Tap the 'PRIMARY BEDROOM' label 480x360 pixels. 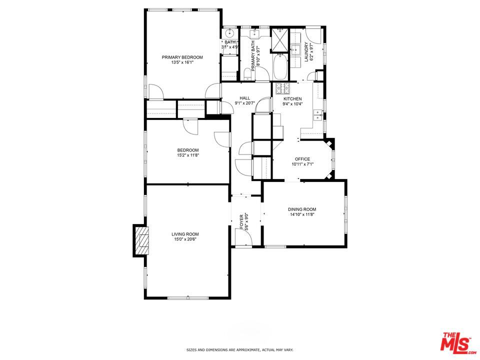pos(182,57)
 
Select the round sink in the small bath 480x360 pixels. pos(229,34)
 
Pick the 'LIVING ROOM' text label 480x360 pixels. pos(185,234)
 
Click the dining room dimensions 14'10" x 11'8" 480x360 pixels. pos(301,214)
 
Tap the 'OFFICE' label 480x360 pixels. pos(302,159)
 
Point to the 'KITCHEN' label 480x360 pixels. pos(292,98)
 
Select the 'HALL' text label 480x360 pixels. pos(244,98)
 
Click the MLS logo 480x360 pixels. pos(456,343)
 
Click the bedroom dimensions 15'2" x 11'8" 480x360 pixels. pos(187,155)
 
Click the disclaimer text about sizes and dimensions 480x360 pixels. pos(239,350)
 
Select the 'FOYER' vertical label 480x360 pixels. pos(241,221)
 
